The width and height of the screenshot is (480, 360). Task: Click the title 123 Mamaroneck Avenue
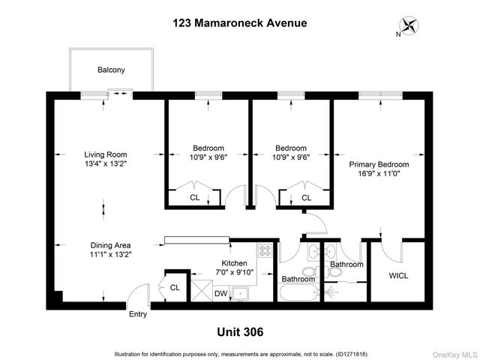(x=240, y=22)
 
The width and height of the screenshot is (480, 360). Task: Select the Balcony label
(x=111, y=70)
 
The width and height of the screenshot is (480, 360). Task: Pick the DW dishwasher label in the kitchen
(x=221, y=294)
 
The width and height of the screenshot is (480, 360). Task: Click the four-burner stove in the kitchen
(x=265, y=251)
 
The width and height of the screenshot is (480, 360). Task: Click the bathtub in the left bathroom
(x=297, y=292)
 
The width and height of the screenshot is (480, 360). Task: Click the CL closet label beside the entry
(x=175, y=286)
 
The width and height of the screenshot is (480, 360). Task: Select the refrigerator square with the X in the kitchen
(x=202, y=288)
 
